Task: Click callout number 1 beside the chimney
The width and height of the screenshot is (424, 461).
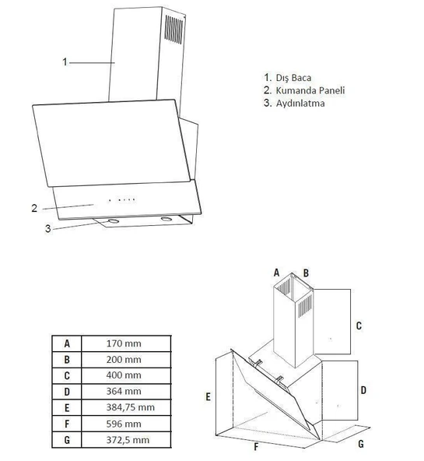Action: tap(65, 62)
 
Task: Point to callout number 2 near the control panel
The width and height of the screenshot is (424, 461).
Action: tap(34, 208)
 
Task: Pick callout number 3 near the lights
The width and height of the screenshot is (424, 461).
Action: tap(47, 229)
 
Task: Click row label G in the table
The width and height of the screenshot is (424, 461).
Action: tap(67, 441)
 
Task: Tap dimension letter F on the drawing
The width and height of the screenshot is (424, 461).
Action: tap(256, 447)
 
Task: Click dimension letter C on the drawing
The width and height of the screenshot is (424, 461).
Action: tap(359, 326)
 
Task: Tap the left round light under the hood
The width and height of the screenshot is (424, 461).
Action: tap(114, 222)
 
